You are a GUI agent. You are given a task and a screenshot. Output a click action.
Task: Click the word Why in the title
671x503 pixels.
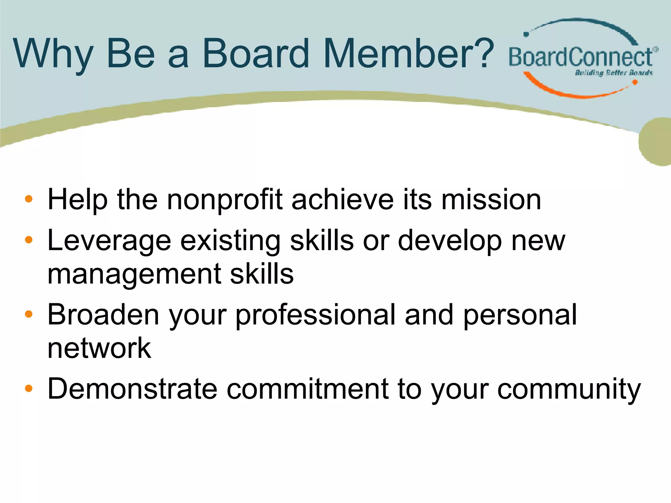[53, 54]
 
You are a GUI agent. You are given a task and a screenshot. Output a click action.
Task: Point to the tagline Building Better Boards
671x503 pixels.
[614, 73]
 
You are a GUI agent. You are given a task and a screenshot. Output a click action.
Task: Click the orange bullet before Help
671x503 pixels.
[29, 199]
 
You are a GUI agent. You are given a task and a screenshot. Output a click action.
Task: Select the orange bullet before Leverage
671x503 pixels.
[29, 240]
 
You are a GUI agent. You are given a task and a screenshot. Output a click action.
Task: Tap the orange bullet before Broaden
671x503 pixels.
[29, 314]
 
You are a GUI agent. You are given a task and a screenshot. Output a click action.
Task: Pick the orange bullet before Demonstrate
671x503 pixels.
[29, 388]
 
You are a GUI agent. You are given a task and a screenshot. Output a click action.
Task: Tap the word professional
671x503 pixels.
[316, 315]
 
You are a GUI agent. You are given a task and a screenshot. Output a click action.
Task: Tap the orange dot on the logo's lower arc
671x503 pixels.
[635, 82]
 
